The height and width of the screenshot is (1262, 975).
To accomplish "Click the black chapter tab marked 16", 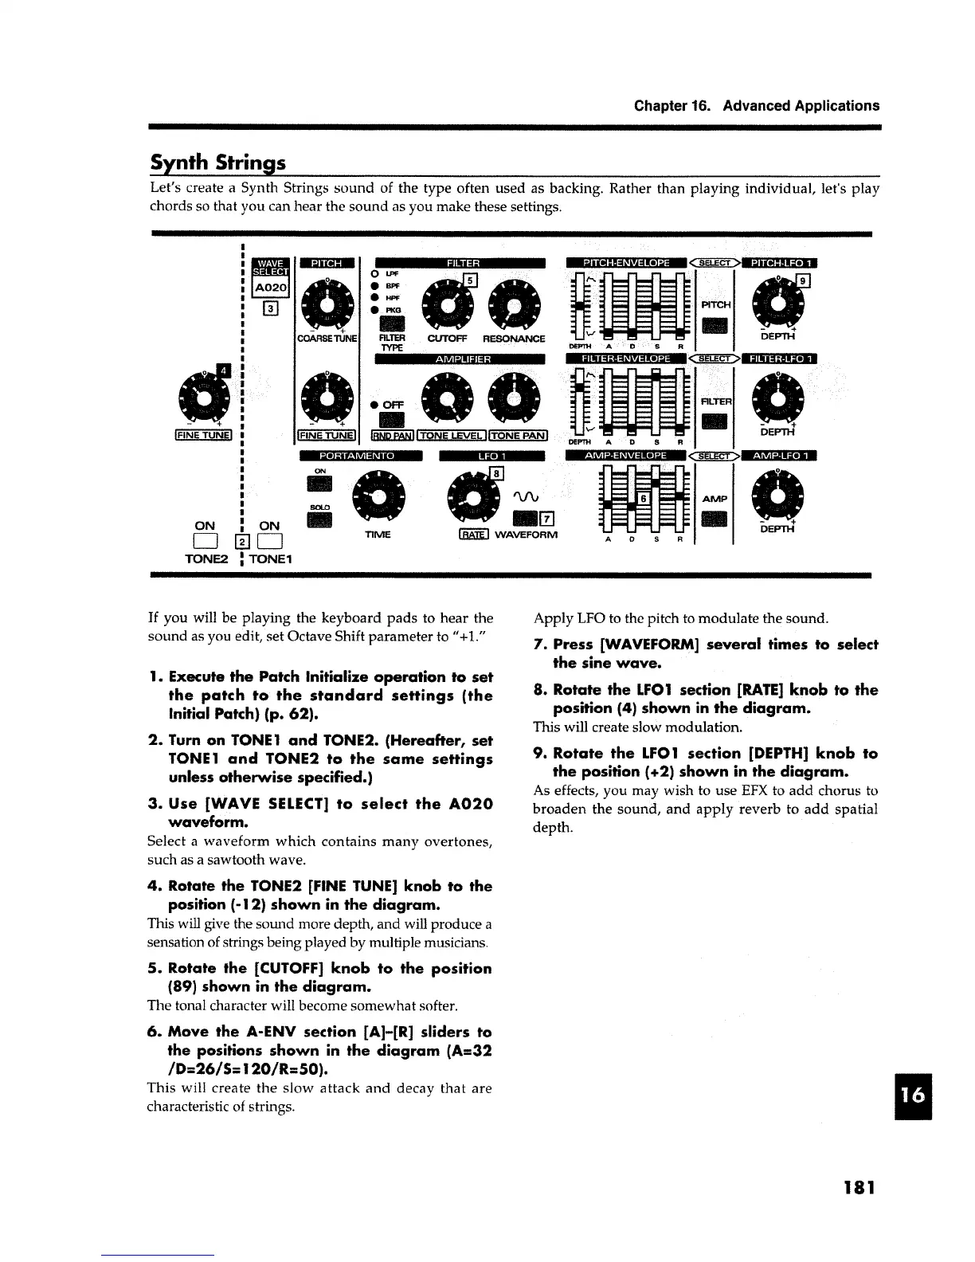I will (x=915, y=1095).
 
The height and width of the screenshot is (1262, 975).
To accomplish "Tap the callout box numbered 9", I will (x=804, y=280).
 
